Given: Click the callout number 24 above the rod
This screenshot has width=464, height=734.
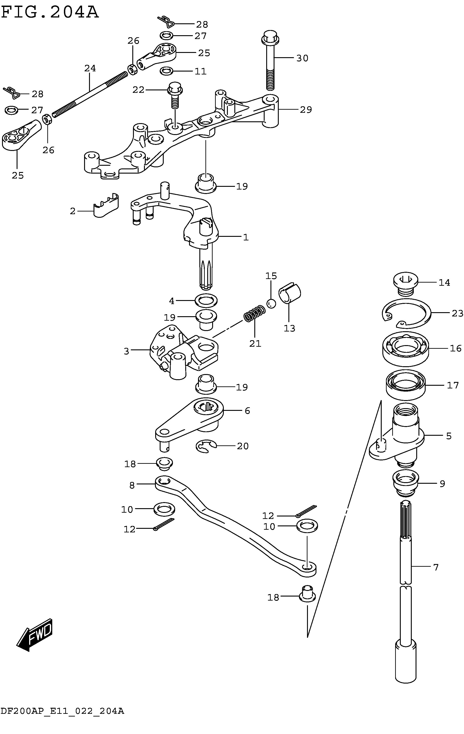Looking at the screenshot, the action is click(90, 68).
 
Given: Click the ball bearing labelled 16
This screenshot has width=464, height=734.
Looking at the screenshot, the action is click(405, 348).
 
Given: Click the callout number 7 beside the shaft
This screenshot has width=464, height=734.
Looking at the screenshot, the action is click(436, 567).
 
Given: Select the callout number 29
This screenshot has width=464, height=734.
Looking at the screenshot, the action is click(306, 110).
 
